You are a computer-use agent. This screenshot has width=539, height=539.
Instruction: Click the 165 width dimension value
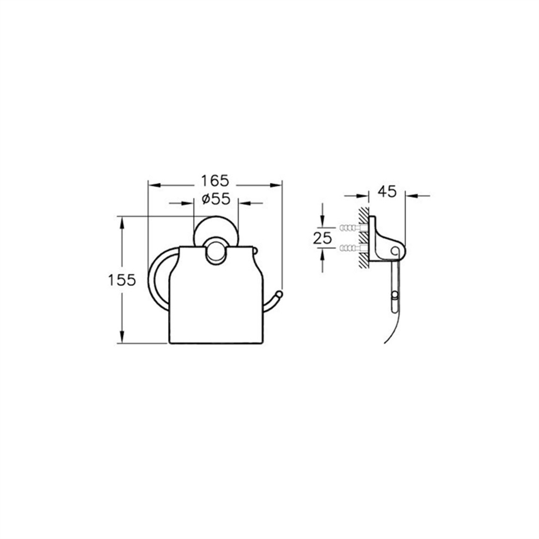[x=215, y=181]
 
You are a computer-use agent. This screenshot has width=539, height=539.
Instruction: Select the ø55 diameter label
[x=216, y=199]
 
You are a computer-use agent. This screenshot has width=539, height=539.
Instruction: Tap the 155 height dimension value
[x=122, y=280]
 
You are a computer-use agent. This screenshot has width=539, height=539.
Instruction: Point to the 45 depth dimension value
[x=387, y=192]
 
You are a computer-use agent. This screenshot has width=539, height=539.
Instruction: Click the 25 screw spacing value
[x=322, y=238]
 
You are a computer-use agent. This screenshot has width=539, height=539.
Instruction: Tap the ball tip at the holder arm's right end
[x=279, y=294]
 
